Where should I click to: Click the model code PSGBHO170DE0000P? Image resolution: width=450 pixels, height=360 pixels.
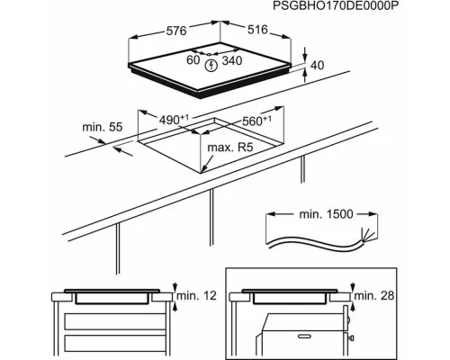pos(336,6)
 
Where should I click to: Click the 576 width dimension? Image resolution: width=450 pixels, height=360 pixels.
pos(176,31)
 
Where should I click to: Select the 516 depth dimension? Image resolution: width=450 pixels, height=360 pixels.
pos(257,30)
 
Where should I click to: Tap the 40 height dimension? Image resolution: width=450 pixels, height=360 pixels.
pos(317,65)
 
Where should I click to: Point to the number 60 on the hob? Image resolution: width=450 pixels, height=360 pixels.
pos(193,60)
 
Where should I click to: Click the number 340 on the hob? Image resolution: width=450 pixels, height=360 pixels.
pos(232,60)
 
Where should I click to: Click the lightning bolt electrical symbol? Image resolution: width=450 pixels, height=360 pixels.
pos(211,66)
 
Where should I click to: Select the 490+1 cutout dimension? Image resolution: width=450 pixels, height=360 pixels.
pos(174,120)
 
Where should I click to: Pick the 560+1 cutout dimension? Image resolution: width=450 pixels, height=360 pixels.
pos(256,121)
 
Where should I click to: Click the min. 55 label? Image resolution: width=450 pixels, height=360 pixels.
pos(103,127)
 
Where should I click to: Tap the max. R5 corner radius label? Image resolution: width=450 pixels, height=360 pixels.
pos(230,148)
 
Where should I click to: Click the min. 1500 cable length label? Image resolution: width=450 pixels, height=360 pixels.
pos(326,214)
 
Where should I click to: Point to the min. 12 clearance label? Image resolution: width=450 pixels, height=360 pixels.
pos(196,296)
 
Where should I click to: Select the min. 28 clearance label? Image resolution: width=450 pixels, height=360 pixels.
pos(374,296)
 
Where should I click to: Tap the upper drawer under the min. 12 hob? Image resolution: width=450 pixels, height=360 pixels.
pos(115,321)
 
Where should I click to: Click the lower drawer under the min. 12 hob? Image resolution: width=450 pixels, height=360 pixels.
pos(115,345)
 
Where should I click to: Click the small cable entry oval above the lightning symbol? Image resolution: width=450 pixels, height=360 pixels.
pos(209,54)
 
